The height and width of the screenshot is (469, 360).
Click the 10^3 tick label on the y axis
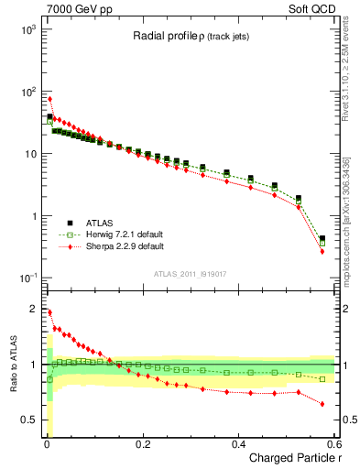(x=27, y=29)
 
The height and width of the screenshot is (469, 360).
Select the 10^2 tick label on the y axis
(x=27, y=92)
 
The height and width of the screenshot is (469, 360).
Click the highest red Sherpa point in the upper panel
(x=49, y=99)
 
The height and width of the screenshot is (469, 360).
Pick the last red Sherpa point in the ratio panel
(x=322, y=403)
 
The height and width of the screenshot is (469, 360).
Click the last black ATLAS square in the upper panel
(x=322, y=238)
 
